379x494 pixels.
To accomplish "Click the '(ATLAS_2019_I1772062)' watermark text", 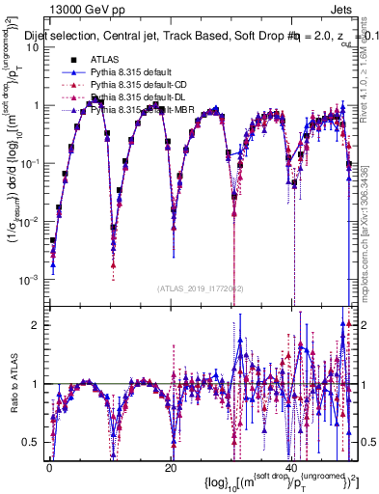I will coord(200,288).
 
